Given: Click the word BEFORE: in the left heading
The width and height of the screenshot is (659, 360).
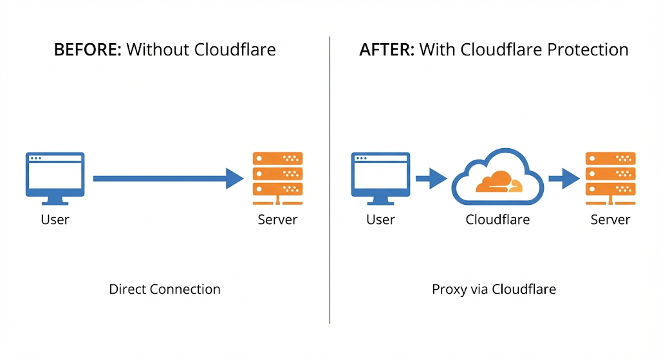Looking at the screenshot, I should click(x=88, y=50).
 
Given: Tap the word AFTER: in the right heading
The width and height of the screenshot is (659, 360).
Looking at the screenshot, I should click(x=386, y=50).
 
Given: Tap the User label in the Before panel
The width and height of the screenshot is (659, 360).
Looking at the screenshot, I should click(x=55, y=220).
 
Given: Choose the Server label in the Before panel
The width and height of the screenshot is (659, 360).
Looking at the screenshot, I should click(x=277, y=220).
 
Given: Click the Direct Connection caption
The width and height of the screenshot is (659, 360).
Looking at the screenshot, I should click(x=165, y=289).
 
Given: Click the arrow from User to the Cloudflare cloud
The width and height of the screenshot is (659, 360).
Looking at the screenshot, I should click(x=431, y=178).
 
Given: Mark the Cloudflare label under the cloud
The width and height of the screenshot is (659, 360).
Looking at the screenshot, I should click(x=497, y=220).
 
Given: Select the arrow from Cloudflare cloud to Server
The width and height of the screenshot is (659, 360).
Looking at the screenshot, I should click(x=564, y=178).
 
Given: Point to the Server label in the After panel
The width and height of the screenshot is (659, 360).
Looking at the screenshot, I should click(x=610, y=220).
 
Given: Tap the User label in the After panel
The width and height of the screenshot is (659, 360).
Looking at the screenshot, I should click(x=380, y=220).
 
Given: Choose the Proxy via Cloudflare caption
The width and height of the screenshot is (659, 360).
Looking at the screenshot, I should click(x=494, y=289).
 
